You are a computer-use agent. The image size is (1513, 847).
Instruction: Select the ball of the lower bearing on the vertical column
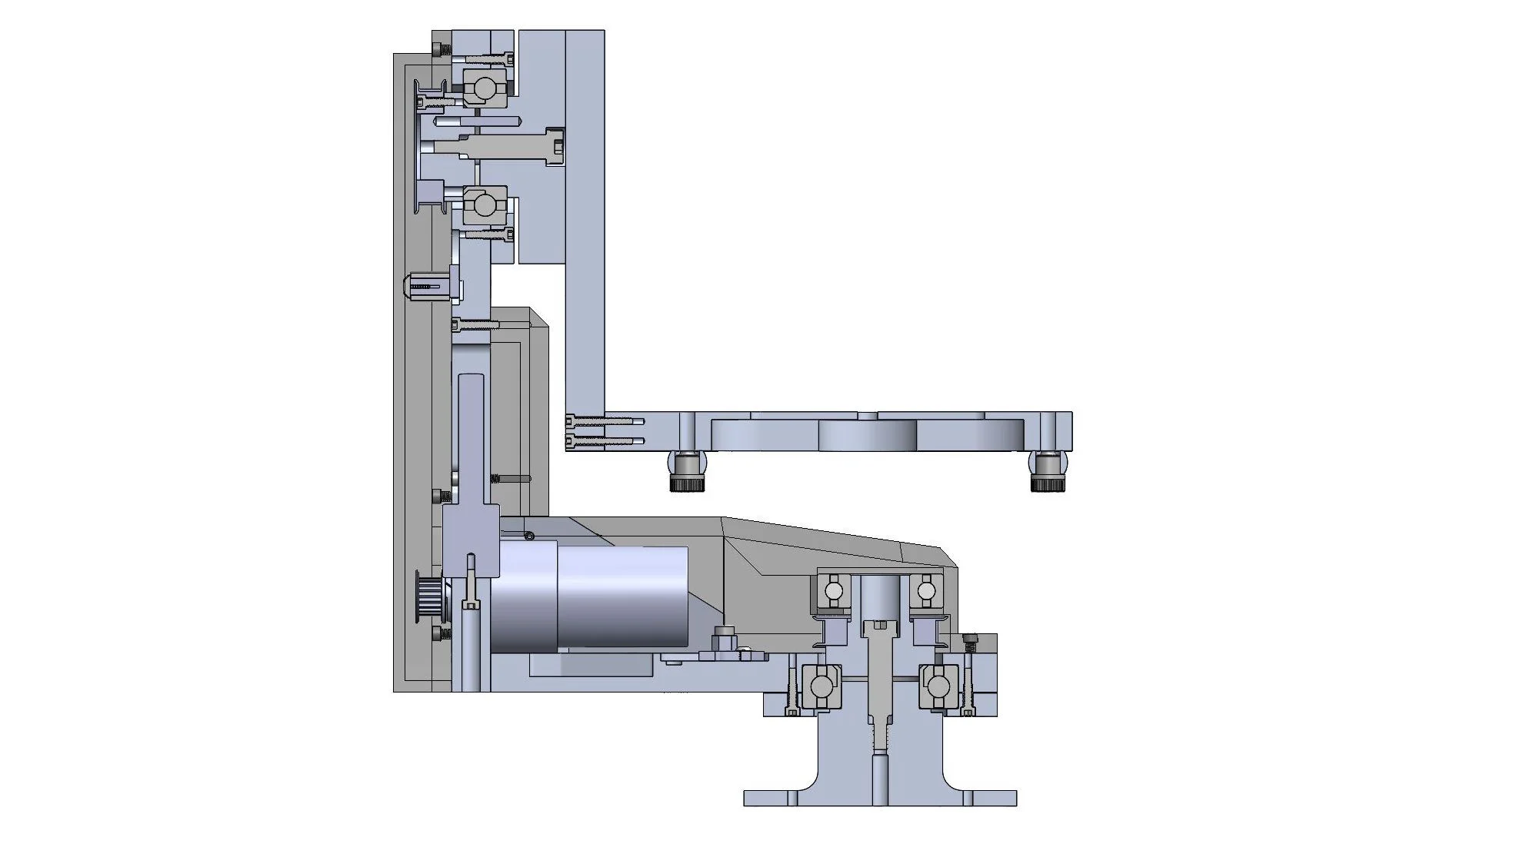pyautogui.click(x=484, y=205)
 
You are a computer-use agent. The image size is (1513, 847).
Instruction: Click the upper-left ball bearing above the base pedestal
pyautogui.click(x=833, y=590)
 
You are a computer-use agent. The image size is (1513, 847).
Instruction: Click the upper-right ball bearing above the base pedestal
pyautogui.click(x=925, y=590)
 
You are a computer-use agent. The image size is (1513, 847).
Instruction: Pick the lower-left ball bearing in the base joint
pyautogui.click(x=821, y=684)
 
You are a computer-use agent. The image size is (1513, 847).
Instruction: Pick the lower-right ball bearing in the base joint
pyautogui.click(x=938, y=684)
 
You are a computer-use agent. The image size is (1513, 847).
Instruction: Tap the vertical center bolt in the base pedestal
pyautogui.click(x=880, y=676)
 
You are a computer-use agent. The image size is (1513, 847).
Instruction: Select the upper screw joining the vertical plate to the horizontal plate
pyautogui.click(x=604, y=420)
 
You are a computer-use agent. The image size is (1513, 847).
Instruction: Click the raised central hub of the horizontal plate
pyautogui.click(x=867, y=435)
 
